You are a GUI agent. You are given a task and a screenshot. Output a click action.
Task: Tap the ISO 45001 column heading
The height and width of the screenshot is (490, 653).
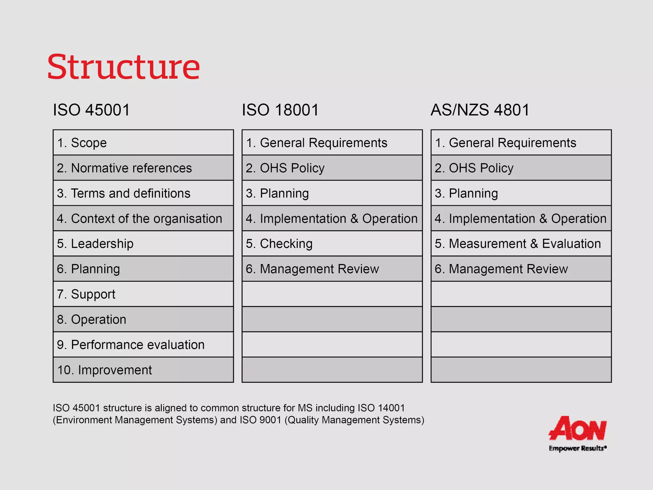(x=92, y=110)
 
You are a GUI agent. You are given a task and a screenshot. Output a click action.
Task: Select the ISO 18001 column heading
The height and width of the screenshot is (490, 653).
(x=280, y=110)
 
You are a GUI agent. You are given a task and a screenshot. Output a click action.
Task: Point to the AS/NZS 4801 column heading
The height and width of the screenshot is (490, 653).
(x=480, y=110)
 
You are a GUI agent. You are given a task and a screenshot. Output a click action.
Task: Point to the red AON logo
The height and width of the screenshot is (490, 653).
(x=577, y=428)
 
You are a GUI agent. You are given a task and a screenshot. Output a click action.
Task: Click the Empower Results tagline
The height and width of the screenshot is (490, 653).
(x=577, y=448)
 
